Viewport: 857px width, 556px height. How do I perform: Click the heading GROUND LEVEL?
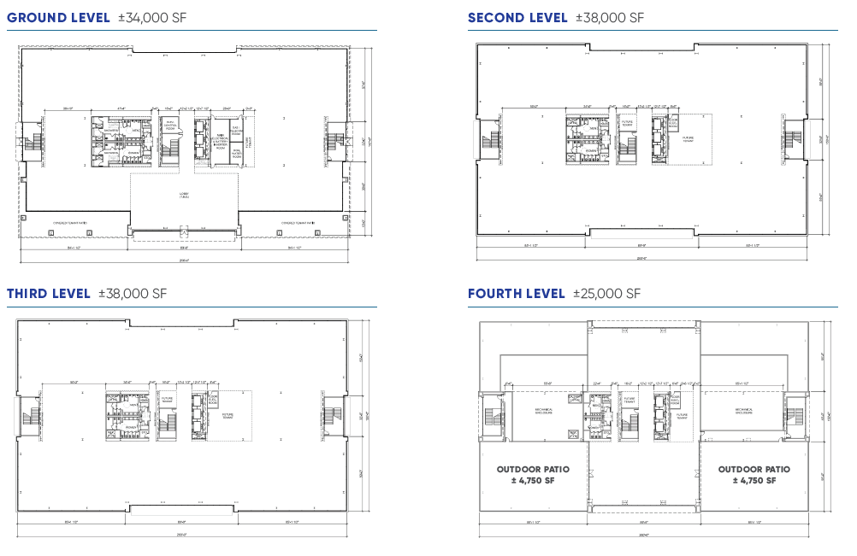pyautogui.click(x=58, y=17)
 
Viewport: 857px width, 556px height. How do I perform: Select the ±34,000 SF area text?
pyautogui.click(x=151, y=17)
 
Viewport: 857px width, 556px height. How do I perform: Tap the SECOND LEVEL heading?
pyautogui.click(x=517, y=17)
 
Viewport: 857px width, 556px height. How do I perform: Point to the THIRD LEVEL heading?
pyautogui.click(x=49, y=294)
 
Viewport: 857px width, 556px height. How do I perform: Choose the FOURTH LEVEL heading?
pyautogui.click(x=517, y=294)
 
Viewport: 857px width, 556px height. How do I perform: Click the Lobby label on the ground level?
pyautogui.click(x=183, y=196)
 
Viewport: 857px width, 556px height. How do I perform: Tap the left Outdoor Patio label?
pyautogui.click(x=532, y=475)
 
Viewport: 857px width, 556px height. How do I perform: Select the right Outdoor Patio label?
pyautogui.click(x=754, y=475)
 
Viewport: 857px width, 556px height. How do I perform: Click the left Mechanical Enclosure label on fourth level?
pyautogui.click(x=545, y=411)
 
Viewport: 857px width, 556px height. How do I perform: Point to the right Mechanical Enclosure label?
pyautogui.click(x=742, y=411)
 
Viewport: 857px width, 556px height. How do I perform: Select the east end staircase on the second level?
pyautogui.click(x=792, y=139)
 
